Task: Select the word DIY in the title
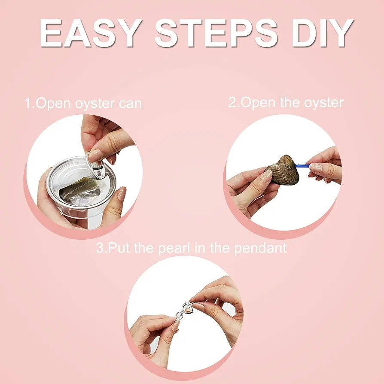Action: [323, 33]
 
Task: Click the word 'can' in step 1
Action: [130, 104]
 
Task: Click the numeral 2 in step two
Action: [232, 102]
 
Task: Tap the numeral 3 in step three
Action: [100, 248]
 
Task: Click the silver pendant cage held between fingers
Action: [185, 311]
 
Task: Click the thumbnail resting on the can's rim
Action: [121, 193]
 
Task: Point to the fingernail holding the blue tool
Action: [316, 168]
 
